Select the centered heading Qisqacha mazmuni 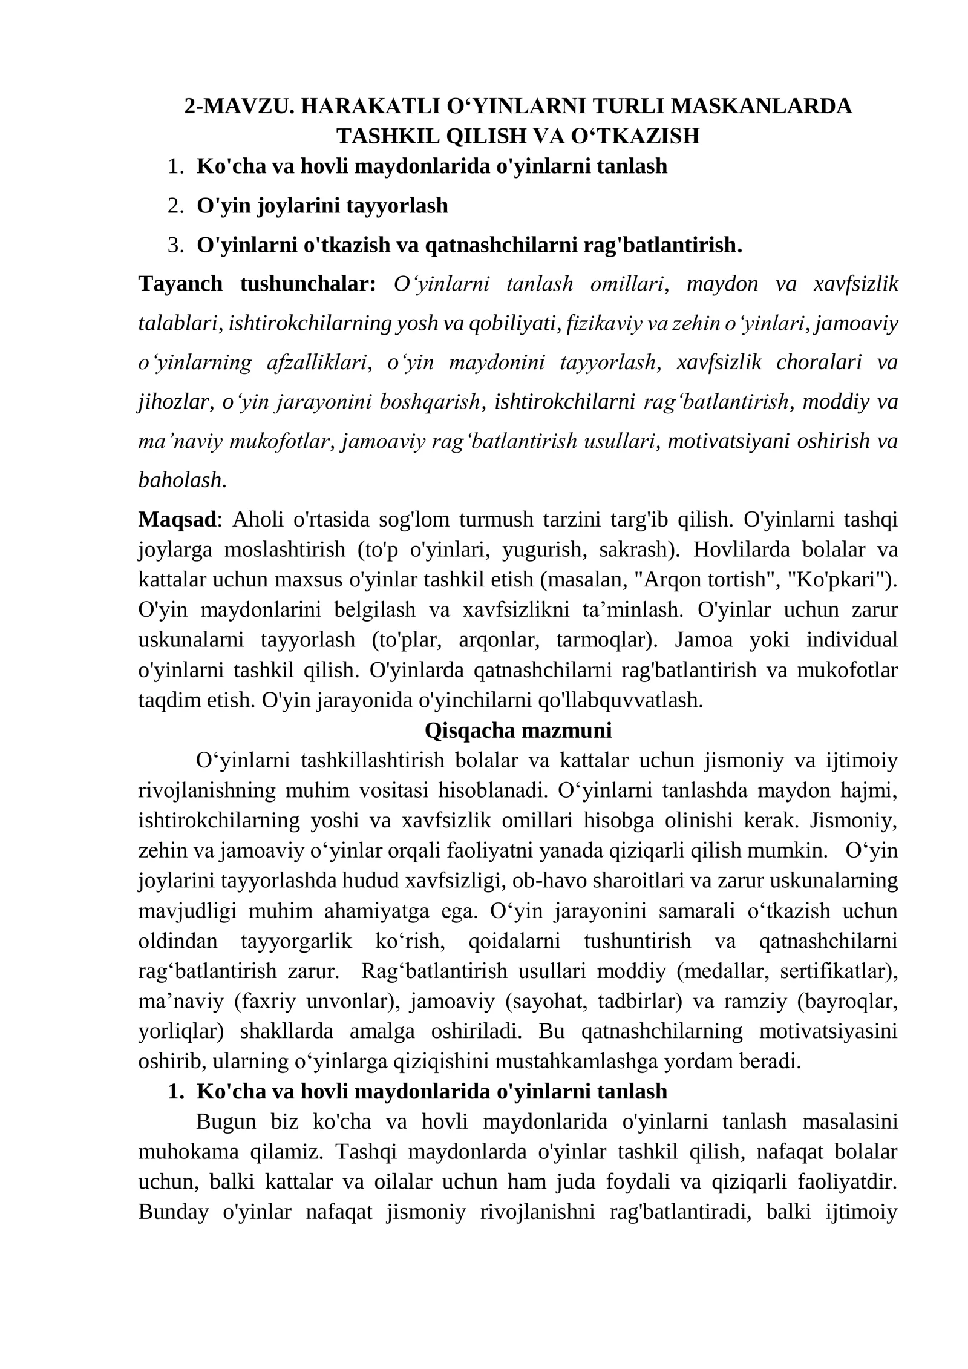518,730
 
